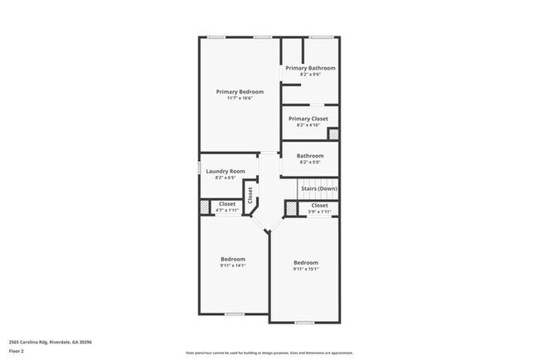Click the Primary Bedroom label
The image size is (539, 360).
pyautogui.click(x=239, y=91)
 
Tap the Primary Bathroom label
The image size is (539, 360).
pyautogui.click(x=310, y=67)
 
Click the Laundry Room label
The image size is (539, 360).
pyautogui.click(x=226, y=171)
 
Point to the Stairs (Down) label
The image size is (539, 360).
pyautogui.click(x=319, y=188)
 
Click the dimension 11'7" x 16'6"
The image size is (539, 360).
pyautogui.click(x=239, y=99)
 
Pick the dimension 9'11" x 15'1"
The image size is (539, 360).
pyautogui.click(x=305, y=270)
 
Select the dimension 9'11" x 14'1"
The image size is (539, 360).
pyautogui.click(x=232, y=265)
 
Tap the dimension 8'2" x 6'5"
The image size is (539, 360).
pyautogui.click(x=226, y=178)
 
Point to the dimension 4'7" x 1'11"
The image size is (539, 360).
pyautogui.click(x=226, y=210)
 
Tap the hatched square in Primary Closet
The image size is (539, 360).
pyautogui.click(x=333, y=134)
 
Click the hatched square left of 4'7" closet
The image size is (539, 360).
pyautogui.click(x=204, y=207)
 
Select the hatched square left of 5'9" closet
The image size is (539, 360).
pyautogui.click(x=291, y=207)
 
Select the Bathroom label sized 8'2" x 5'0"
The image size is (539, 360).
pyautogui.click(x=310, y=155)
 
